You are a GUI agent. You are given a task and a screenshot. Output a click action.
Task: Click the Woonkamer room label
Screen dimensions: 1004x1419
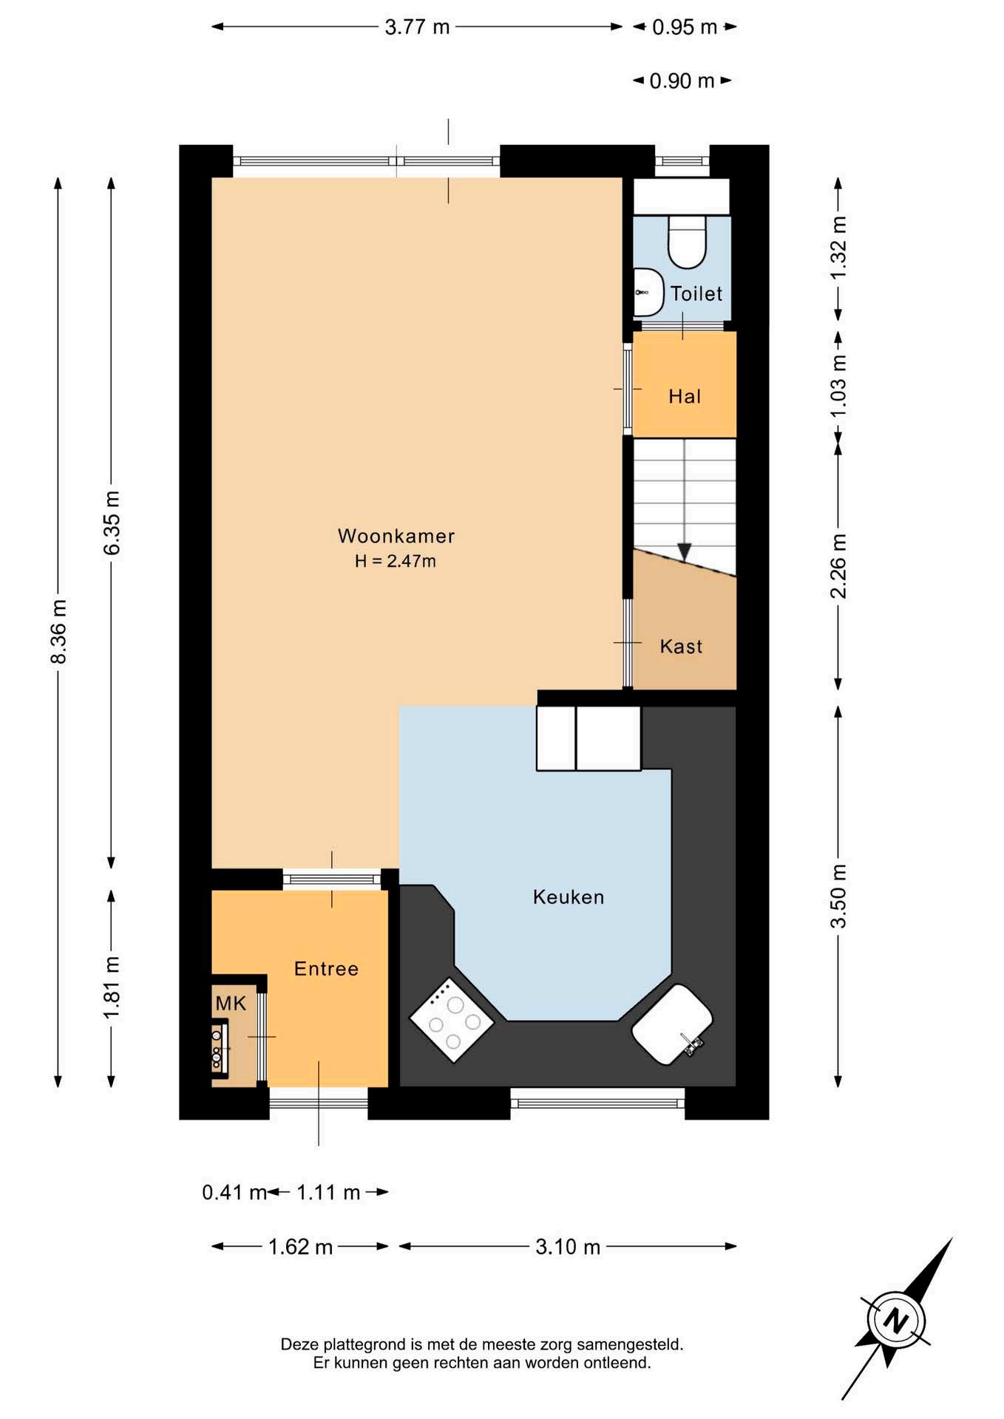tap(396, 536)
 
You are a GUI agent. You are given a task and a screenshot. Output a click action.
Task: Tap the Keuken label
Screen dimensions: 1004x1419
tap(569, 897)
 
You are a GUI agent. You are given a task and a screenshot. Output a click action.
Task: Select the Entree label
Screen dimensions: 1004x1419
tap(326, 969)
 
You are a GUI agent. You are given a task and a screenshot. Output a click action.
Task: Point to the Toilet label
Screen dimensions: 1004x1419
tap(696, 293)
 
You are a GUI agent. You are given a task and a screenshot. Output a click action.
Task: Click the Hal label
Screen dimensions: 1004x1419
tap(685, 397)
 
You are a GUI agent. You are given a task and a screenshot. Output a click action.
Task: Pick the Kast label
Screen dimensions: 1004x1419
tap(681, 647)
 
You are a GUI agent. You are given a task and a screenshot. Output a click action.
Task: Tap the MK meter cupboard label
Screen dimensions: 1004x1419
tap(231, 1003)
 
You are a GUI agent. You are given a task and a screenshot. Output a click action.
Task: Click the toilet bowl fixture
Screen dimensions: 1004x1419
tap(688, 242)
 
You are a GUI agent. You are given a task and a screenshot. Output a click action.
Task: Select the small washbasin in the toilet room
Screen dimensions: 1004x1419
tap(648, 293)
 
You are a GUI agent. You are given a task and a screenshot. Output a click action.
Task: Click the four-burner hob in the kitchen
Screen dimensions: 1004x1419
tap(452, 1020)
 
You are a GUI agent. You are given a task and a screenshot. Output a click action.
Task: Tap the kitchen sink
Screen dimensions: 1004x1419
tap(672, 1024)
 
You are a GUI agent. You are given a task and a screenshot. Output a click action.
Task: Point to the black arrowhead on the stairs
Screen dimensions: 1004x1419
tap(685, 552)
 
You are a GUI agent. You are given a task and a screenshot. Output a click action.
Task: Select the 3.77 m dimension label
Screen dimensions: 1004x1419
tap(417, 27)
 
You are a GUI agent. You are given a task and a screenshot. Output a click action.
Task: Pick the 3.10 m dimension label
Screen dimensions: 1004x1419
tap(568, 1247)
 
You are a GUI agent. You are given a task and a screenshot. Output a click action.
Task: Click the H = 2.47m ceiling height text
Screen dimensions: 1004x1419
tap(395, 561)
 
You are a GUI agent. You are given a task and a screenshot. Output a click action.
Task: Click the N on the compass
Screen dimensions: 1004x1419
tap(896, 1320)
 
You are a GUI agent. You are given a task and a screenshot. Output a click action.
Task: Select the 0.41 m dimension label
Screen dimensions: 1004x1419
tap(234, 1192)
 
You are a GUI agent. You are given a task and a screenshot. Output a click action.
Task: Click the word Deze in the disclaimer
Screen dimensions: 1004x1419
tap(298, 1344)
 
